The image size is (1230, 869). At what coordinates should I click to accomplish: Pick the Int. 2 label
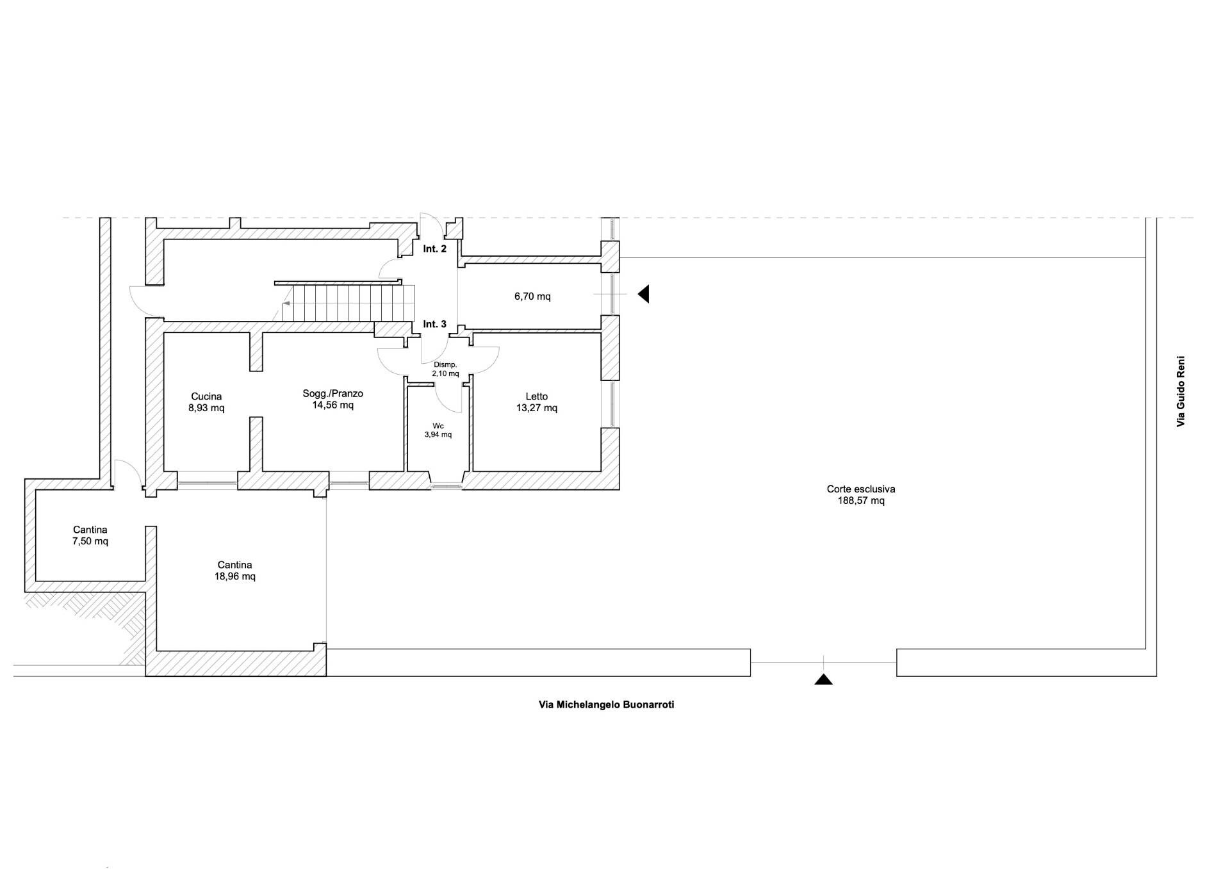435,248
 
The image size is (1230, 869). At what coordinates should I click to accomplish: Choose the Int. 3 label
435,324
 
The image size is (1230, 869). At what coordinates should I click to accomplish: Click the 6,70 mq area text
532,296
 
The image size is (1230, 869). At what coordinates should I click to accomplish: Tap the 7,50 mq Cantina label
90,535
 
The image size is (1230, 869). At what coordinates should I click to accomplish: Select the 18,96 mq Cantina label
235,571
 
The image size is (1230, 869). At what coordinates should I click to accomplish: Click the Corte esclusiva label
861,489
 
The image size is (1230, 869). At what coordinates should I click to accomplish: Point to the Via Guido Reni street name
1181,391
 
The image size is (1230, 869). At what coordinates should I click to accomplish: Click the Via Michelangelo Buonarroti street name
607,704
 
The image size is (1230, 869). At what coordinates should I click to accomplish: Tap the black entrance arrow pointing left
643,294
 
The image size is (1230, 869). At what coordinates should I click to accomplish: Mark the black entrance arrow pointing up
824,679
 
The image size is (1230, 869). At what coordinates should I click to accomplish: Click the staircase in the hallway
346,302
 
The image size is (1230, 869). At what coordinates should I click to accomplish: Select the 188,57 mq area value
861,501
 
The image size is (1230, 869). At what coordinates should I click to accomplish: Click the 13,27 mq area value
537,408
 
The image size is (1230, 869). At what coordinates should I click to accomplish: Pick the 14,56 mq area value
333,405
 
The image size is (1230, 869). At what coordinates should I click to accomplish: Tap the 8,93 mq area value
206,408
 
